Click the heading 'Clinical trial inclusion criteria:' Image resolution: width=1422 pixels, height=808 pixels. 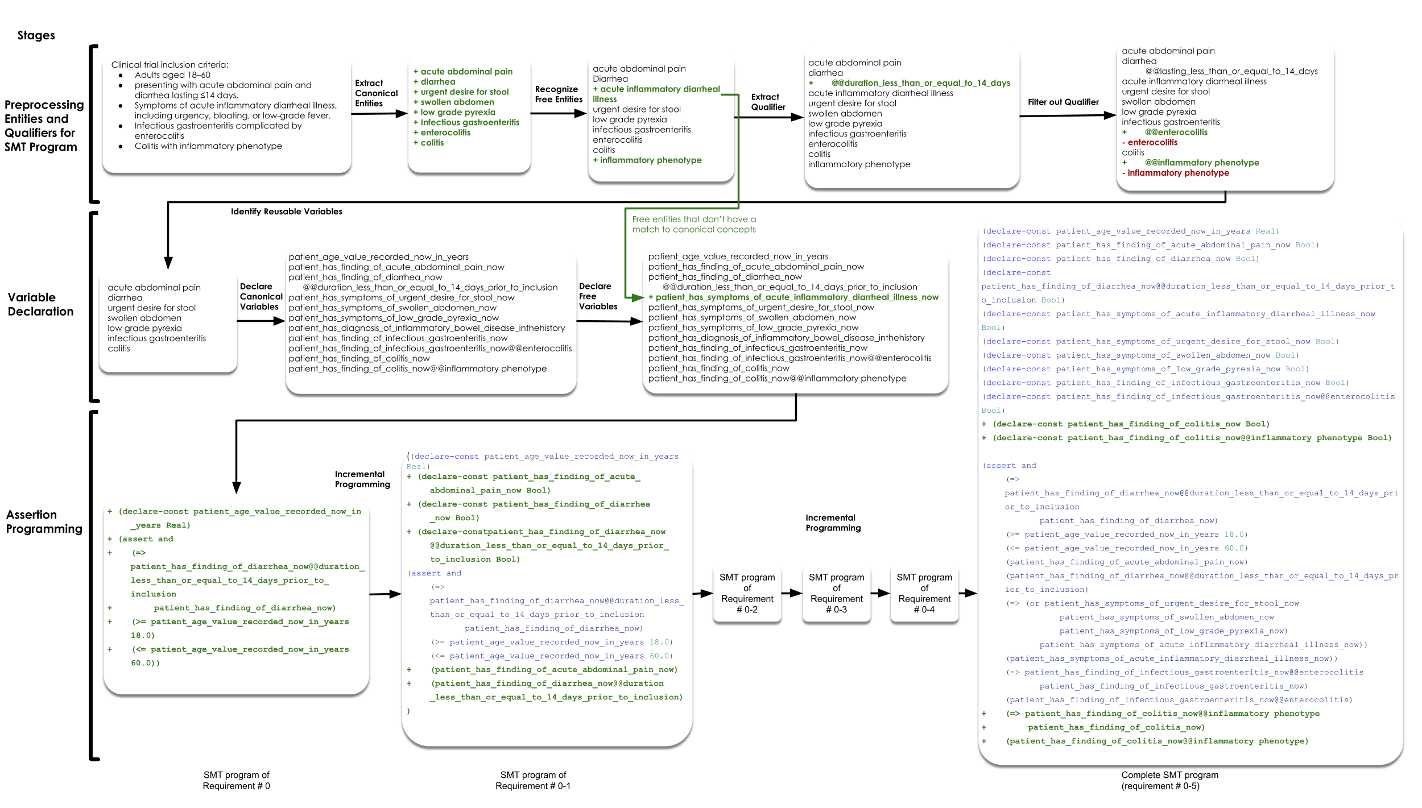tap(170, 65)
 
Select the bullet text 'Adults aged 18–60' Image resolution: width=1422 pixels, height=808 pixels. tap(172, 75)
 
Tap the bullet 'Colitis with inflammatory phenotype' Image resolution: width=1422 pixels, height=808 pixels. tap(208, 146)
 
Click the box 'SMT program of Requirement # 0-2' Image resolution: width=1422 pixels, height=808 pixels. tap(747, 593)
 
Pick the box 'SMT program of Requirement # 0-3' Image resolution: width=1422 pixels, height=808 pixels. tap(836, 593)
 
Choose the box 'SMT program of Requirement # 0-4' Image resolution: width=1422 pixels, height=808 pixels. tap(924, 593)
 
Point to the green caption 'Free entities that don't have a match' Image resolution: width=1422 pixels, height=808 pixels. tap(694, 224)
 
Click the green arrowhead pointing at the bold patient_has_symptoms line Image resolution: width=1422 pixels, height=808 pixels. tap(636, 297)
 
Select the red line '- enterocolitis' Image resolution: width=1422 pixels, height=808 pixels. tap(1150, 143)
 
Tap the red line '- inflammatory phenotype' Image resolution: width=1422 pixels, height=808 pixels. tap(1175, 173)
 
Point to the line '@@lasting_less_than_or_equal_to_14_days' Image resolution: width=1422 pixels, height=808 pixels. tap(1231, 72)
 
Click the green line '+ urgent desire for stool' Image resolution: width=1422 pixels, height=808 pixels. tap(461, 92)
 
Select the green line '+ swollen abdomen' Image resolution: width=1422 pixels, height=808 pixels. tap(454, 102)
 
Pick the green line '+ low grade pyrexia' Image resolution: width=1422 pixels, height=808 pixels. tap(454, 113)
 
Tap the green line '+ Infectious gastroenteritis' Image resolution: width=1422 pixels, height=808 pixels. tap(466, 123)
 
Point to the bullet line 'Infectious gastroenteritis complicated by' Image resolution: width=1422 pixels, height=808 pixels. tap(218, 126)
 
